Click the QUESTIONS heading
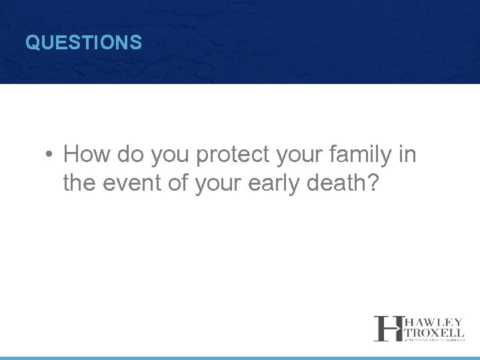click(83, 43)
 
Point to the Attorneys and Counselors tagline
click(432, 339)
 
